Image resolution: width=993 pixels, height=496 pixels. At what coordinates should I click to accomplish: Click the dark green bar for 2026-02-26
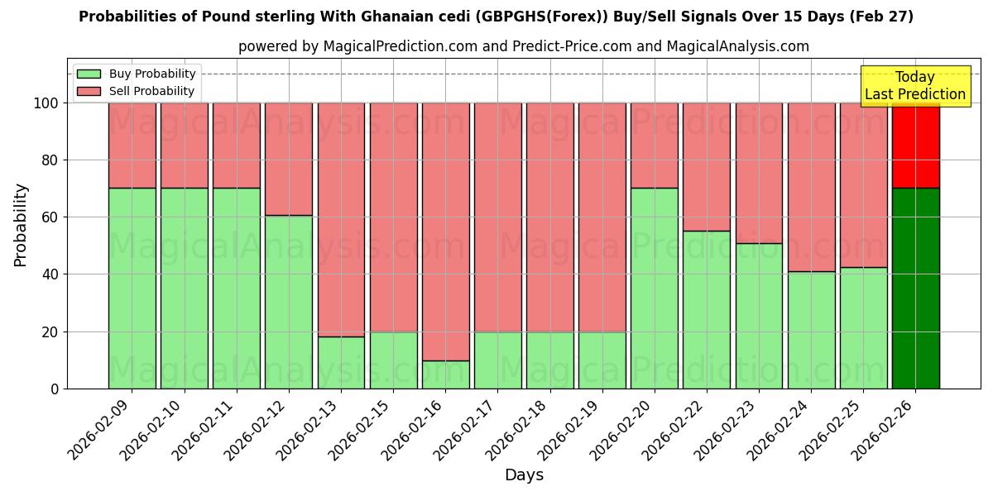pos(915,289)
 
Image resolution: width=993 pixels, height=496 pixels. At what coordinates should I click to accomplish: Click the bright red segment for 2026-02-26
pos(915,145)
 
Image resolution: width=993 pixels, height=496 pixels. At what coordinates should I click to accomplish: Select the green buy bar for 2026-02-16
pos(446,374)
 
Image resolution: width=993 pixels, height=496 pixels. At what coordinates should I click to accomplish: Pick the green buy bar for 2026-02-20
pos(655,289)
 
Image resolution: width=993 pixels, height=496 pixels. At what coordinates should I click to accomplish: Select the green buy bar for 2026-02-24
pos(811,330)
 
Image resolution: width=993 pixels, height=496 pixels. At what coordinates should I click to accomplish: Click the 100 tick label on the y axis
pos(44,103)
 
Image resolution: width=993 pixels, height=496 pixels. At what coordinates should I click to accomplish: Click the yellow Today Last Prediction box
pos(914,86)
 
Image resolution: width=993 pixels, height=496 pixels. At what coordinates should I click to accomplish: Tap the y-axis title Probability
pos(21,225)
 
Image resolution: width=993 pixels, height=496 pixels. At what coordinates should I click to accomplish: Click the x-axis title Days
pos(524,475)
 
